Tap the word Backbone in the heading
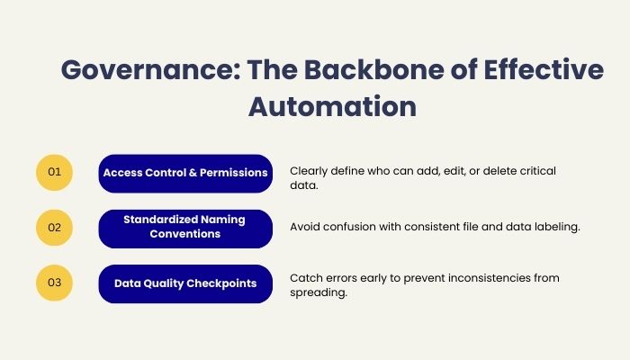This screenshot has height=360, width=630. [358, 70]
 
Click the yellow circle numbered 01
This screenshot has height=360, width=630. [54, 172]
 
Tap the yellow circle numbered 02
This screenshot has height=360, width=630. [54, 228]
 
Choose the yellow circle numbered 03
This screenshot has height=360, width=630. [54, 283]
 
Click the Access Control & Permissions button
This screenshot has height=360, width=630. [185, 172]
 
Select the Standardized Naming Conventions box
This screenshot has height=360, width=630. [185, 228]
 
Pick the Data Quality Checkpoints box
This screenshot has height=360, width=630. [185, 283]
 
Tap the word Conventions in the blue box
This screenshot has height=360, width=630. [185, 235]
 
